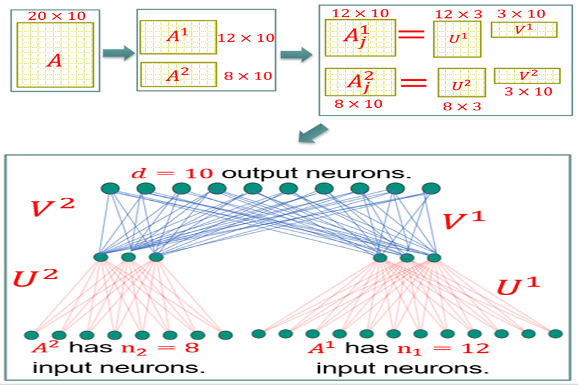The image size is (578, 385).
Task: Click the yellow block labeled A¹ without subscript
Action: pos(177,37)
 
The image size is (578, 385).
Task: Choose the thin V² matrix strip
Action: pos(527,76)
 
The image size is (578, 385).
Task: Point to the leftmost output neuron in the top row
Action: pos(110,188)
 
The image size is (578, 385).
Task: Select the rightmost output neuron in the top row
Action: pos(429,188)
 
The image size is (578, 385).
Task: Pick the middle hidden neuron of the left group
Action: pos(128,257)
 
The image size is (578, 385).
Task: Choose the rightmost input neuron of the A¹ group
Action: pos(556,334)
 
